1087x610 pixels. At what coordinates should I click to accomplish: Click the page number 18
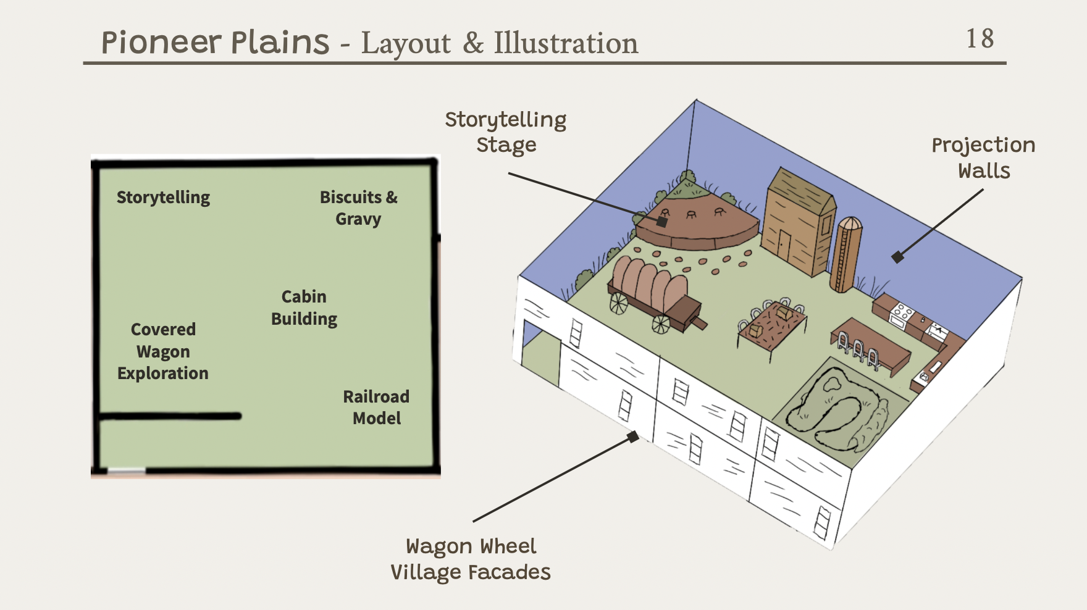pos(980,38)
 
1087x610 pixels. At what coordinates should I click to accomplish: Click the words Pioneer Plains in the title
pos(215,43)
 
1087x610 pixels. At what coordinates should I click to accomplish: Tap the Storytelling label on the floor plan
pos(163,198)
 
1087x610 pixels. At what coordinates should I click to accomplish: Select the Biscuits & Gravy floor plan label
pos(358,208)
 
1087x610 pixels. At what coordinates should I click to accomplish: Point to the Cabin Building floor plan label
pos(304,307)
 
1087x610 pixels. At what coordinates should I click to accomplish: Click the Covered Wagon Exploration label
pos(163,351)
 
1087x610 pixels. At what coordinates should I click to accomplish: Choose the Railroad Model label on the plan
pos(376,407)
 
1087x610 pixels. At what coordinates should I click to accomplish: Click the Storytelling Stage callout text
pos(506,132)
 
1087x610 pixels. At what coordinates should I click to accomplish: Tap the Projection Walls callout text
pos(983,157)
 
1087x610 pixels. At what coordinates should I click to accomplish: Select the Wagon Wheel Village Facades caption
pos(471,559)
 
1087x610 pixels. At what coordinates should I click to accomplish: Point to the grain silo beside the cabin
pos(846,254)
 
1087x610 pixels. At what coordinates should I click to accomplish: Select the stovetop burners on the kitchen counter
pos(902,312)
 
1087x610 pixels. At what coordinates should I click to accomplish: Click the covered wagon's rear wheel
pos(618,303)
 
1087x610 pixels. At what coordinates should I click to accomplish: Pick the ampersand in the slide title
pos(473,43)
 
